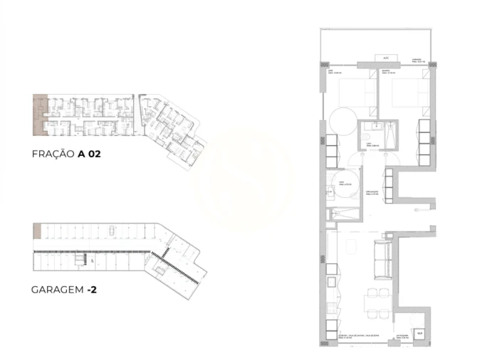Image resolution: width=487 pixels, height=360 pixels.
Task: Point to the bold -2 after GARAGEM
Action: tap(93, 290)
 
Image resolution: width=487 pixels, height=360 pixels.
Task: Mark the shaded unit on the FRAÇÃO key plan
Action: tap(39, 115)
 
